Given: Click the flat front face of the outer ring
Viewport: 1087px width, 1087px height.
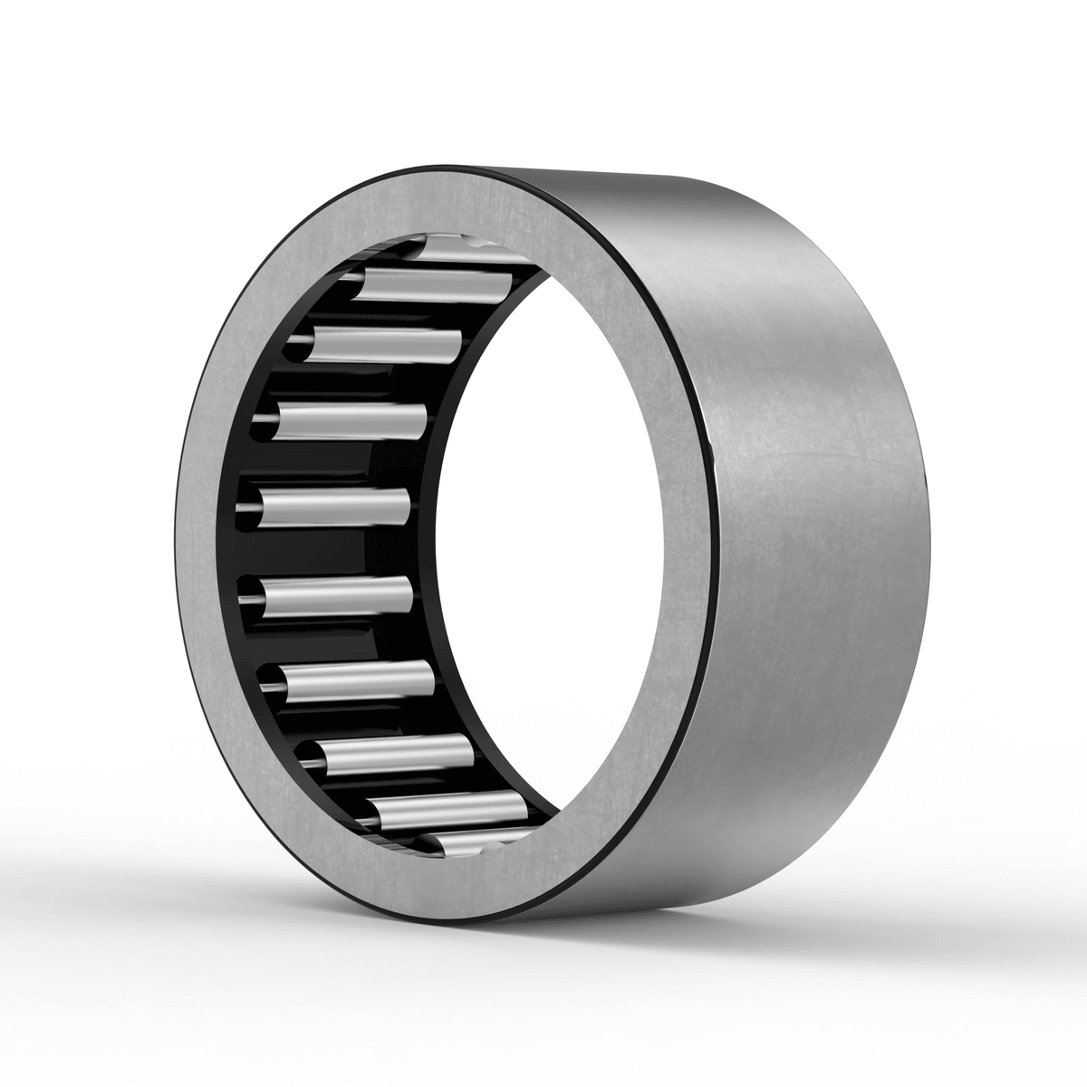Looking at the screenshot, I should [x=217, y=543].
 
